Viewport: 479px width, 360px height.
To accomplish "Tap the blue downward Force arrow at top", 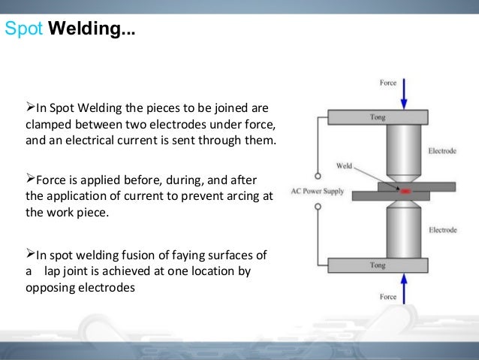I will point(404,93).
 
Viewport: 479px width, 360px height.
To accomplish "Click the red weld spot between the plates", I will point(405,192).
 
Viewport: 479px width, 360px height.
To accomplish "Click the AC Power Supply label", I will point(317,191).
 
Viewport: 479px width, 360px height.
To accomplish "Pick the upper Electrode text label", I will point(442,151).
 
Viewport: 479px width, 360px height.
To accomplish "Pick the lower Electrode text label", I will point(442,229).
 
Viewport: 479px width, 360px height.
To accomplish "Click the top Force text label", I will point(387,83).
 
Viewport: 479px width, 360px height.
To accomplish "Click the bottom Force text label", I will point(387,298).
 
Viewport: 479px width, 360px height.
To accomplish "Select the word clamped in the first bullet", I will point(49,123).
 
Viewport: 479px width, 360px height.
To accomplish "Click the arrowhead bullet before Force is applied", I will point(31,179).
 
